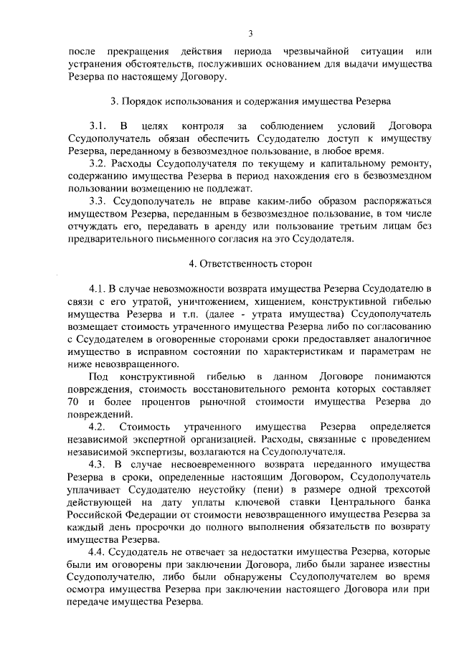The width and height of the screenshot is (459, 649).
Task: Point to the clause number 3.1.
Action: [98, 125]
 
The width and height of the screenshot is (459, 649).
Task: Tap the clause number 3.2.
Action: [98, 164]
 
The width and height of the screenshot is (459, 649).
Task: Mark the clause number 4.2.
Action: [98, 427]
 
